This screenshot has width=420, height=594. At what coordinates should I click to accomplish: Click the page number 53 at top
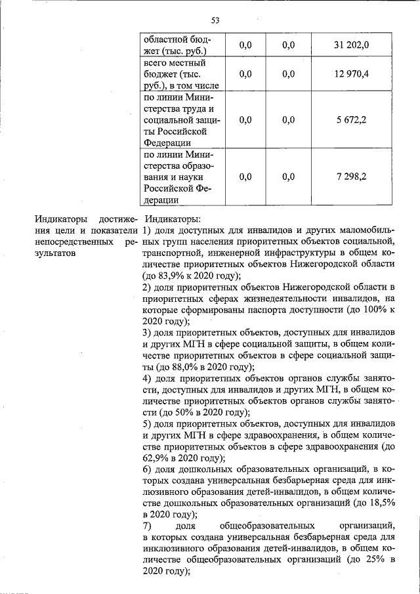click(x=215, y=20)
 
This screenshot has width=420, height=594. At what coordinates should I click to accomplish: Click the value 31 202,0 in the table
click(x=351, y=45)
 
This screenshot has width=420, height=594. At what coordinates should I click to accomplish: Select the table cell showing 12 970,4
click(x=351, y=74)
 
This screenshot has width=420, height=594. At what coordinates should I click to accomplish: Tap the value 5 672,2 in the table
click(x=351, y=120)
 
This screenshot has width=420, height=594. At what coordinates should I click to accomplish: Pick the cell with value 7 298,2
click(x=351, y=177)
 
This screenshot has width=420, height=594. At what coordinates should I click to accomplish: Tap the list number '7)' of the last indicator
click(x=148, y=526)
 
